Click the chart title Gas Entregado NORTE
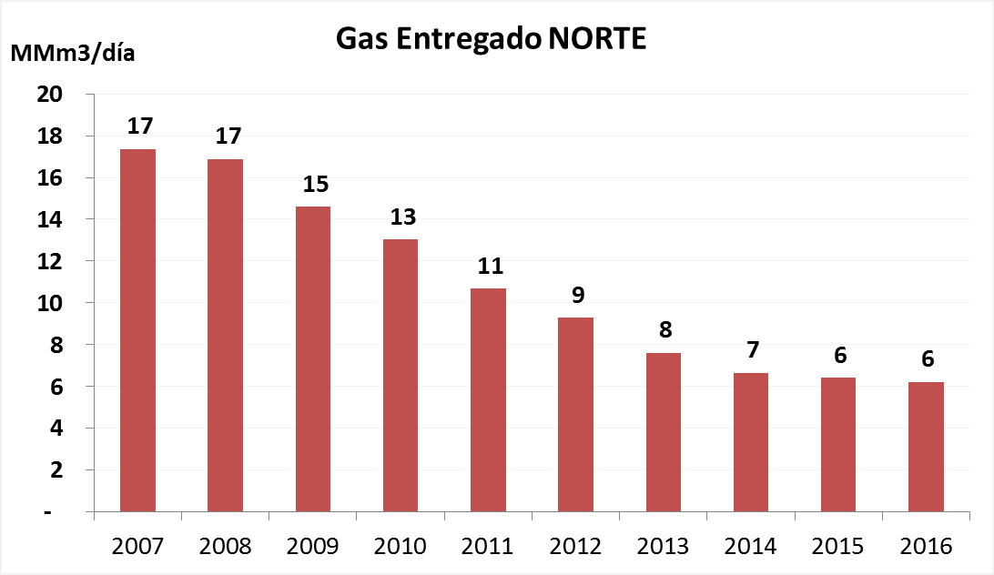[492, 38]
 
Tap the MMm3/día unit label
[73, 52]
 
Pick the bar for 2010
[401, 375]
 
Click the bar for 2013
[663, 432]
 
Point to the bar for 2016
[927, 447]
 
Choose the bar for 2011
[488, 400]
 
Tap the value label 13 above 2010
[401, 217]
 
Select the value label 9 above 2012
[577, 296]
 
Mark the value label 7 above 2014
[753, 350]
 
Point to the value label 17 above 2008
[227, 136]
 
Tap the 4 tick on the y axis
[56, 428]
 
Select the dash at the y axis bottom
[57, 512]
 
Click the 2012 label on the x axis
[575, 547]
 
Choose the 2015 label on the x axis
[839, 547]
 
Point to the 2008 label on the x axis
[225, 547]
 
